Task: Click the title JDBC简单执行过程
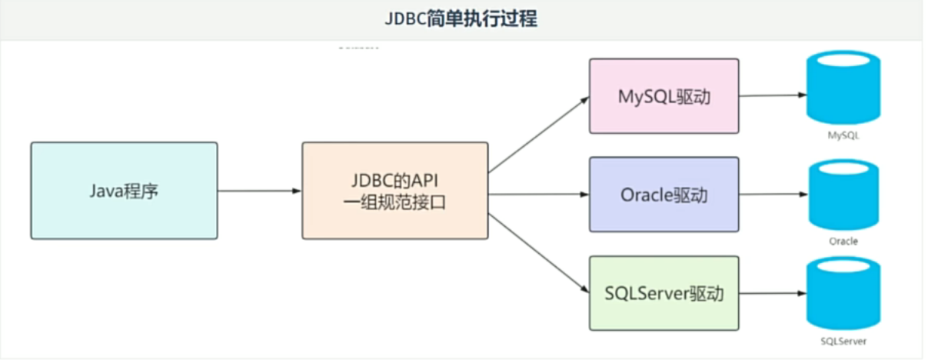click(461, 19)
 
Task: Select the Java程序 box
click(124, 191)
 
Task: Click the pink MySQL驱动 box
click(664, 96)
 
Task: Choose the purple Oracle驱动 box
click(664, 195)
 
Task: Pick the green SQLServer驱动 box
click(664, 294)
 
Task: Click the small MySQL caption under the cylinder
click(843, 135)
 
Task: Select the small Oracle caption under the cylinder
click(843, 241)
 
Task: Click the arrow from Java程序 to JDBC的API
click(259, 191)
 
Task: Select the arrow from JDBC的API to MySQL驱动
click(538, 135)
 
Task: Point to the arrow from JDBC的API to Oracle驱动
click(538, 194)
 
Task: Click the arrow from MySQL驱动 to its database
click(772, 95)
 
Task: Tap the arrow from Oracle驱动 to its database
click(772, 195)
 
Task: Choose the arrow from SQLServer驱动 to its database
click(772, 293)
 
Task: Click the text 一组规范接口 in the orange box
click(394, 204)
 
